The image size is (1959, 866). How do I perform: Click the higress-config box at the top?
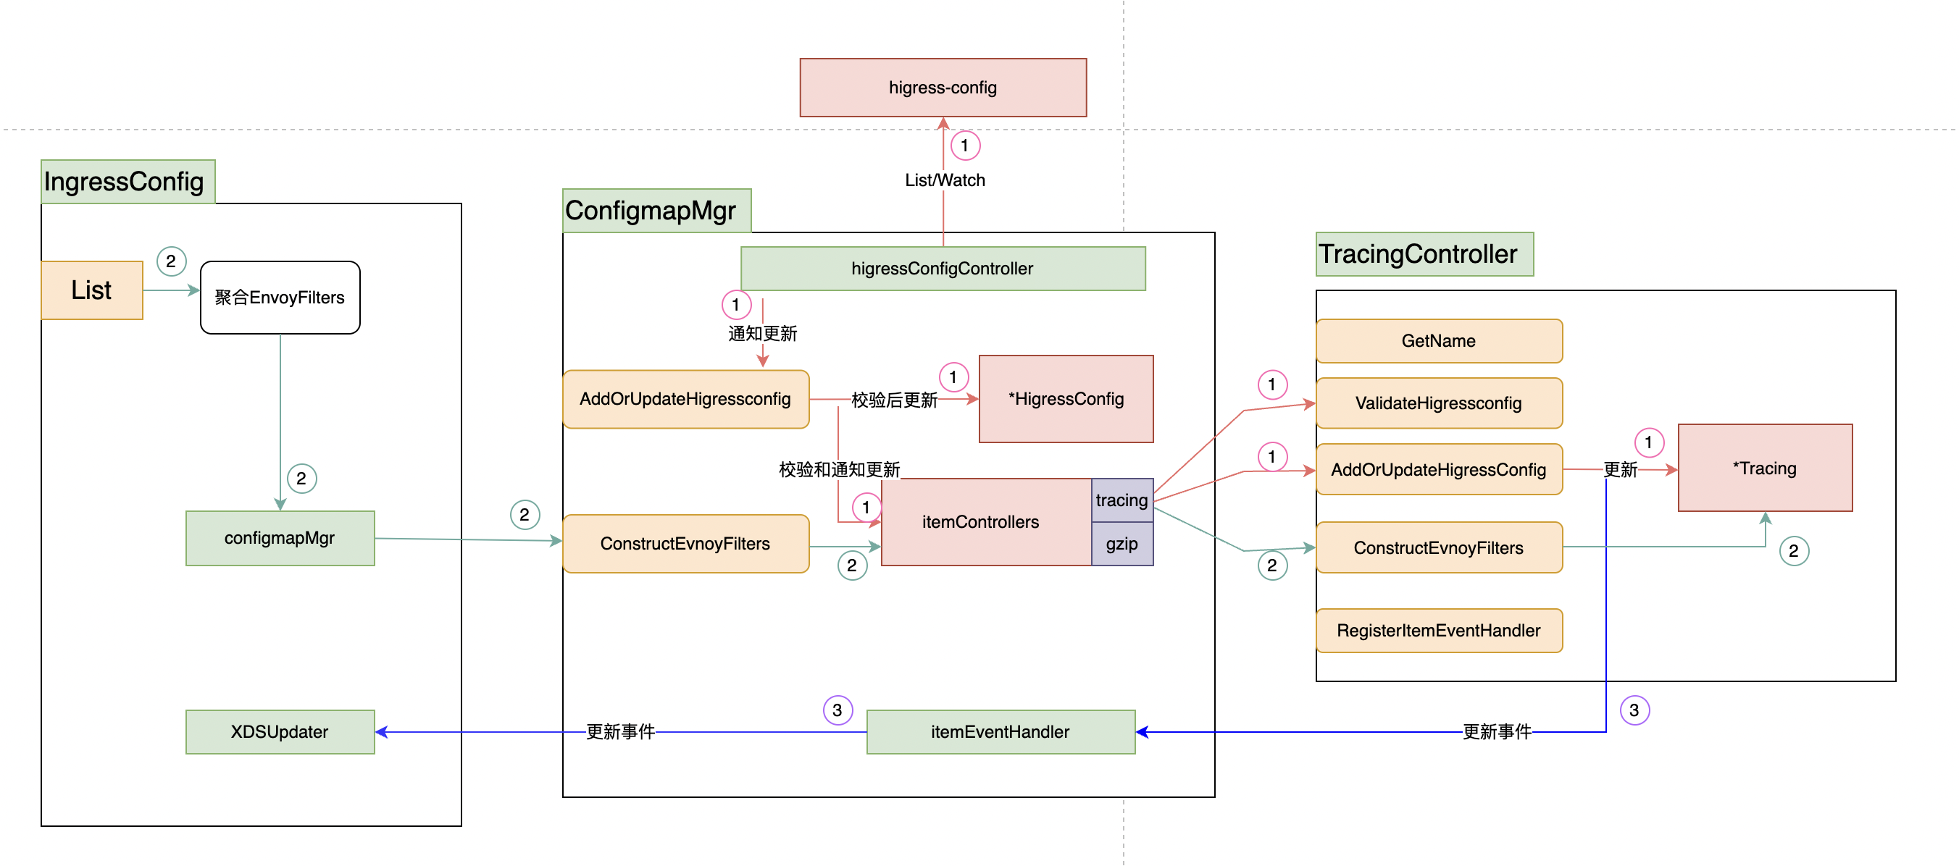tap(943, 88)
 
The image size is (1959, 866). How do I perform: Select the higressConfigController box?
tap(943, 269)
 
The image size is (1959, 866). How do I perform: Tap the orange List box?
tap(91, 290)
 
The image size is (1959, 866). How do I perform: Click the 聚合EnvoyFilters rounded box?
tap(280, 298)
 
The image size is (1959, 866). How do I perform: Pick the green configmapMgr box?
tap(280, 537)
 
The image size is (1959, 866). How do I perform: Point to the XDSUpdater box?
tap(280, 731)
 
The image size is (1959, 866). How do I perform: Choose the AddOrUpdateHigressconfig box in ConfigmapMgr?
tap(685, 399)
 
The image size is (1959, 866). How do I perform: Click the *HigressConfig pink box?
tap(1066, 399)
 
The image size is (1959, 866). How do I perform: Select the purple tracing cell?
tap(1121, 500)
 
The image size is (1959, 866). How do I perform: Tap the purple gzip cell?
tap(1121, 544)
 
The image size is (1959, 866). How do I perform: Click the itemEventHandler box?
tap(1000, 731)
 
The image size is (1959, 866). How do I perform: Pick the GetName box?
tap(1438, 340)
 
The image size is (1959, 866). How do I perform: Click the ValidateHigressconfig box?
tap(1438, 403)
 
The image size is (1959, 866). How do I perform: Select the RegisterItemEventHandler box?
tap(1438, 630)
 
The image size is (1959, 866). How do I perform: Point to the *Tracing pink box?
tap(1764, 468)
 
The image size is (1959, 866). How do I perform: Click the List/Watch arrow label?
tap(945, 180)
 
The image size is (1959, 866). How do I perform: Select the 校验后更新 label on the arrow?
tap(894, 400)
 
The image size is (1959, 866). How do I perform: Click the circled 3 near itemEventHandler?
tap(838, 710)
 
